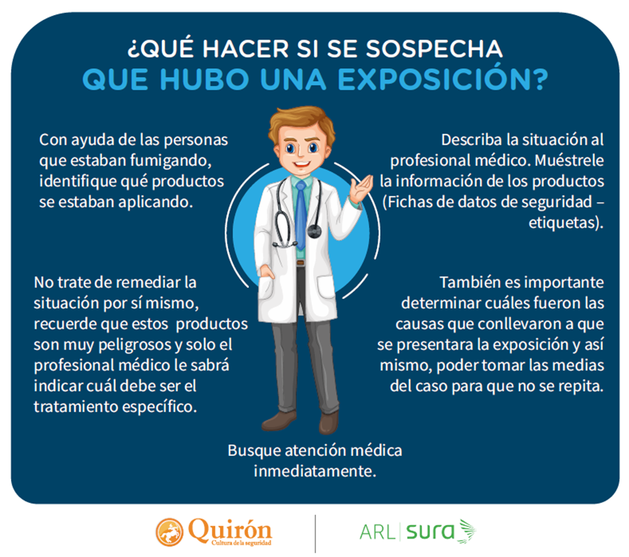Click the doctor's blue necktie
tap(300, 212)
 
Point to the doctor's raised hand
tap(360, 188)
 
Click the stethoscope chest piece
tap(314, 231)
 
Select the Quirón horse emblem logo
tap(170, 532)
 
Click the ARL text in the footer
tap(378, 531)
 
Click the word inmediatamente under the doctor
tap(315, 471)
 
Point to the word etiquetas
tap(567, 223)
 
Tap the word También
tap(469, 281)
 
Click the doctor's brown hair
tap(301, 122)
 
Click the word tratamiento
tap(76, 406)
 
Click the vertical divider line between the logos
tap(316, 532)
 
